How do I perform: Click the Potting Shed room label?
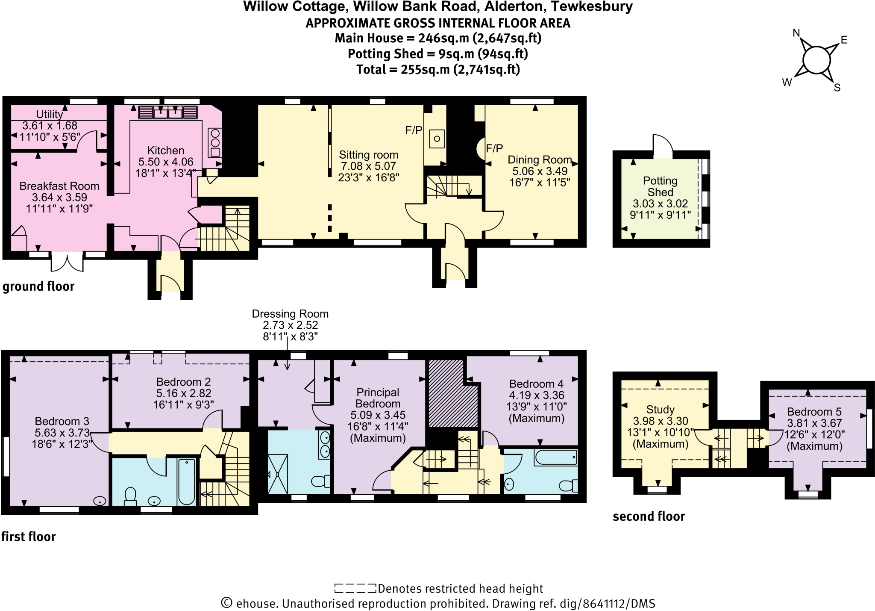click(x=660, y=186)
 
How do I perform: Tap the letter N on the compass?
click(x=796, y=33)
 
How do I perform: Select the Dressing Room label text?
click(x=290, y=314)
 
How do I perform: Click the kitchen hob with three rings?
click(x=215, y=143)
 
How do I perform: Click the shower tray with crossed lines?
click(x=278, y=474)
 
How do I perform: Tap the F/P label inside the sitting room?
click(x=414, y=130)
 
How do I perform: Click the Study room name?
click(x=660, y=410)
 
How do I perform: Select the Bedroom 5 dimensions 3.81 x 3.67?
click(x=814, y=423)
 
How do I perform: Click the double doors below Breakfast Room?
click(x=67, y=262)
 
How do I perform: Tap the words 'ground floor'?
click(x=38, y=286)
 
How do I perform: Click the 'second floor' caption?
click(x=649, y=517)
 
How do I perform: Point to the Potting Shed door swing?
click(x=662, y=145)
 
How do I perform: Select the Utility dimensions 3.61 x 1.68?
click(x=50, y=126)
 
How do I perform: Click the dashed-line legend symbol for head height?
click(x=355, y=588)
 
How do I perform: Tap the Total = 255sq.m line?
click(x=438, y=69)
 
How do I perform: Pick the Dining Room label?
click(x=540, y=160)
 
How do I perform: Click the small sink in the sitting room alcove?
click(x=437, y=139)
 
